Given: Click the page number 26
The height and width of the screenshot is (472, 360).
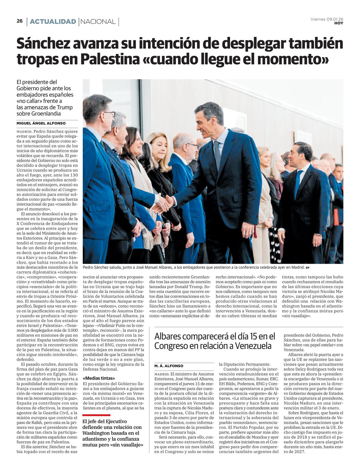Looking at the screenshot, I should pyautogui.click(x=20, y=21).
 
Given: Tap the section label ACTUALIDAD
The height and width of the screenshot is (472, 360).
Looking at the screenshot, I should pyautogui.click(x=53, y=22).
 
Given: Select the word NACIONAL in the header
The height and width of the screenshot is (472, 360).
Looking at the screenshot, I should pyautogui.click(x=98, y=22).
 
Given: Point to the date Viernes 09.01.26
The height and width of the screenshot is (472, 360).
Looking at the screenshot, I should pyautogui.click(x=327, y=19).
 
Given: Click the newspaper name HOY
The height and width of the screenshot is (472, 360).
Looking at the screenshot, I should pyautogui.click(x=339, y=23).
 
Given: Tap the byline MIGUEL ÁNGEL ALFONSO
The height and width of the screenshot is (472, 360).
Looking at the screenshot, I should pyautogui.click(x=41, y=123).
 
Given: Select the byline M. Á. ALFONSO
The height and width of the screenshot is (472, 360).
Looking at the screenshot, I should pyautogui.click(x=169, y=366).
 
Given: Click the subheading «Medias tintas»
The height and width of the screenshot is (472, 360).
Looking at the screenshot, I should pyautogui.click(x=99, y=378).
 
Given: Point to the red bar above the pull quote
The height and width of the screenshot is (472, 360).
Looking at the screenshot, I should pyautogui.click(x=96, y=415).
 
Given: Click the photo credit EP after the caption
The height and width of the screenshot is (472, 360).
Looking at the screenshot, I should pyautogui.click(x=307, y=268).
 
